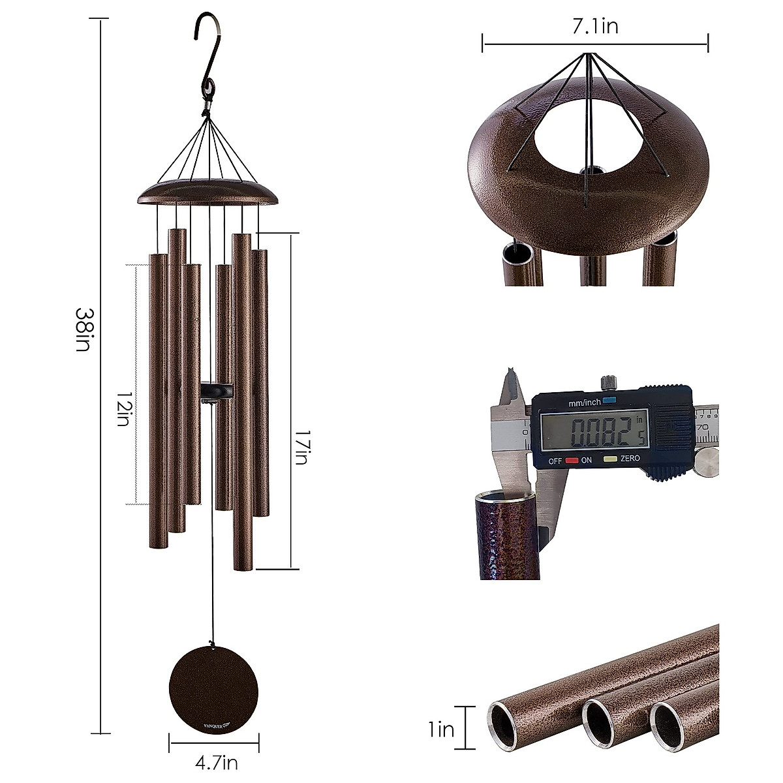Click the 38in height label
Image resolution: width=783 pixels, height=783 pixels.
[x=82, y=330]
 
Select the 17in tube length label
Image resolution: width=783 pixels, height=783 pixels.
[x=299, y=450]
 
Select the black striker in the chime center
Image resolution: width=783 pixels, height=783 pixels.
[x=218, y=390]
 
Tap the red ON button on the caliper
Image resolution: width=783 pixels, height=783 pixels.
[x=573, y=460]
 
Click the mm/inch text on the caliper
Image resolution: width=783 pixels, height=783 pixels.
[x=585, y=403]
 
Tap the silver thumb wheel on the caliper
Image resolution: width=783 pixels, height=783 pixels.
[x=706, y=463]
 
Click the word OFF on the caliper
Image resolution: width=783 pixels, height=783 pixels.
[x=555, y=460]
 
